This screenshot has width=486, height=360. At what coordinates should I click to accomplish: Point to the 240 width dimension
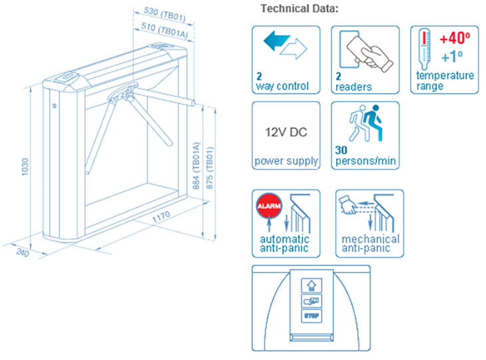21,252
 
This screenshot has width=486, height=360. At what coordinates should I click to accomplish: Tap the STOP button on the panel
312,317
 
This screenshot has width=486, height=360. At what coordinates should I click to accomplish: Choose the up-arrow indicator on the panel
312,285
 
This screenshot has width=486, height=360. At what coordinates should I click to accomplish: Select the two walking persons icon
364,122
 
